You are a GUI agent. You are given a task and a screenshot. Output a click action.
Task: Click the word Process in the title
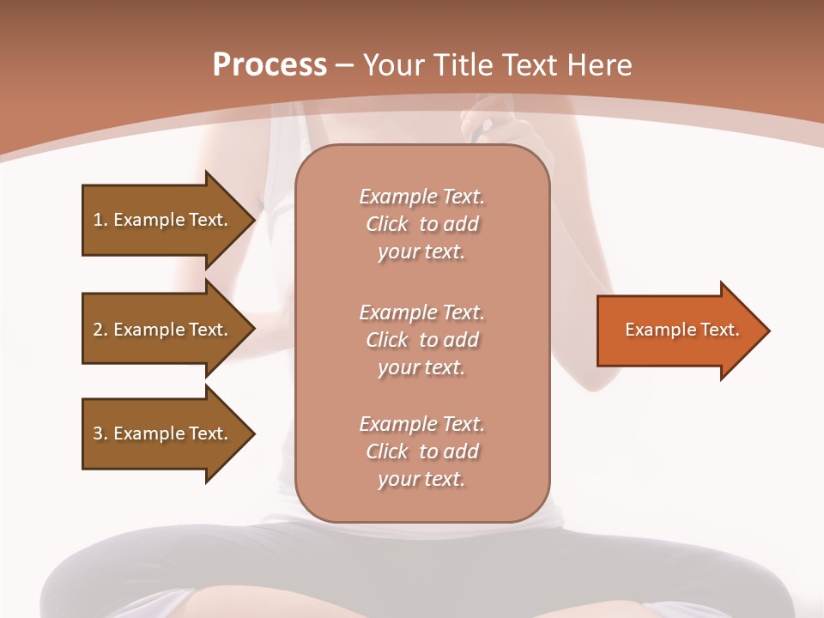coord(270,65)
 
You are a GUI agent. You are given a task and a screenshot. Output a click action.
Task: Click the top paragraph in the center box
coord(421,224)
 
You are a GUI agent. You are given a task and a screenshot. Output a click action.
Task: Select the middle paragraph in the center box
coord(421,339)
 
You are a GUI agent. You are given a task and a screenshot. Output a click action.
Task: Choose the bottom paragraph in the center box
coord(421,451)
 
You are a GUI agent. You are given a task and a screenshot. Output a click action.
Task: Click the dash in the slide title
coord(345,65)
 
